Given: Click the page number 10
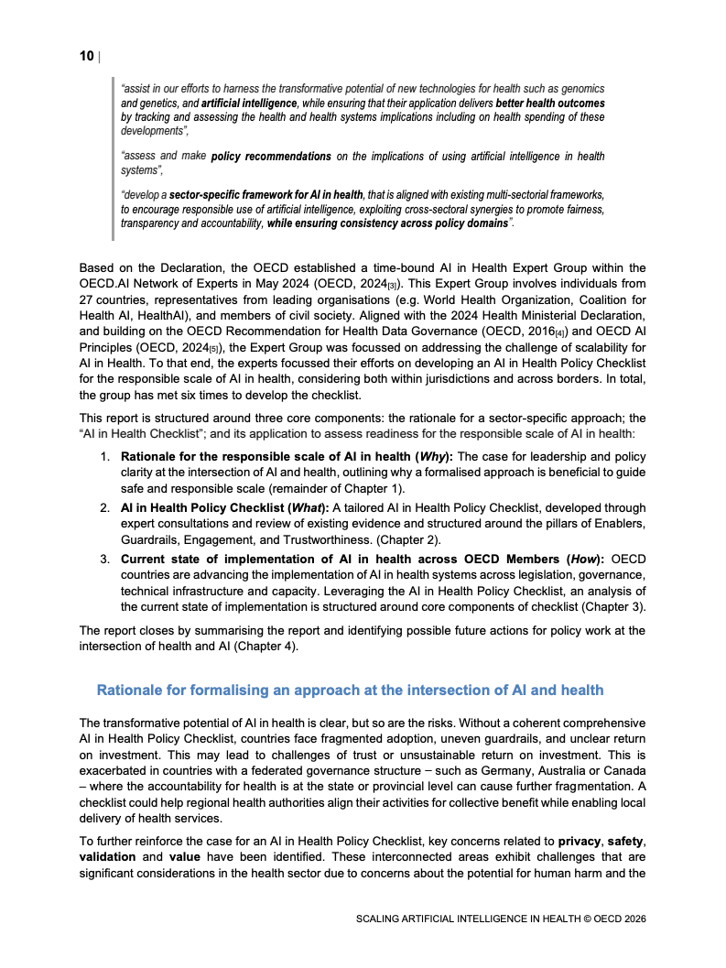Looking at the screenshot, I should (86, 57).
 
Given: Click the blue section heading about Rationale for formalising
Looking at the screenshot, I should (350, 689).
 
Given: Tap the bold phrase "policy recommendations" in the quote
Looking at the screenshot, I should (271, 157).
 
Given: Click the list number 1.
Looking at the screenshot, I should (105, 456).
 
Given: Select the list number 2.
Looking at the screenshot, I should (105, 507).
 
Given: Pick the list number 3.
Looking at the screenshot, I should (105, 559).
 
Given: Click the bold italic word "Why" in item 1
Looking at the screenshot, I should (427, 456).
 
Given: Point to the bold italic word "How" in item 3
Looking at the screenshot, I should (582, 559).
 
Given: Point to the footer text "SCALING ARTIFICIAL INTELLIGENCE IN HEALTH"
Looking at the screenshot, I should (477, 919).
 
